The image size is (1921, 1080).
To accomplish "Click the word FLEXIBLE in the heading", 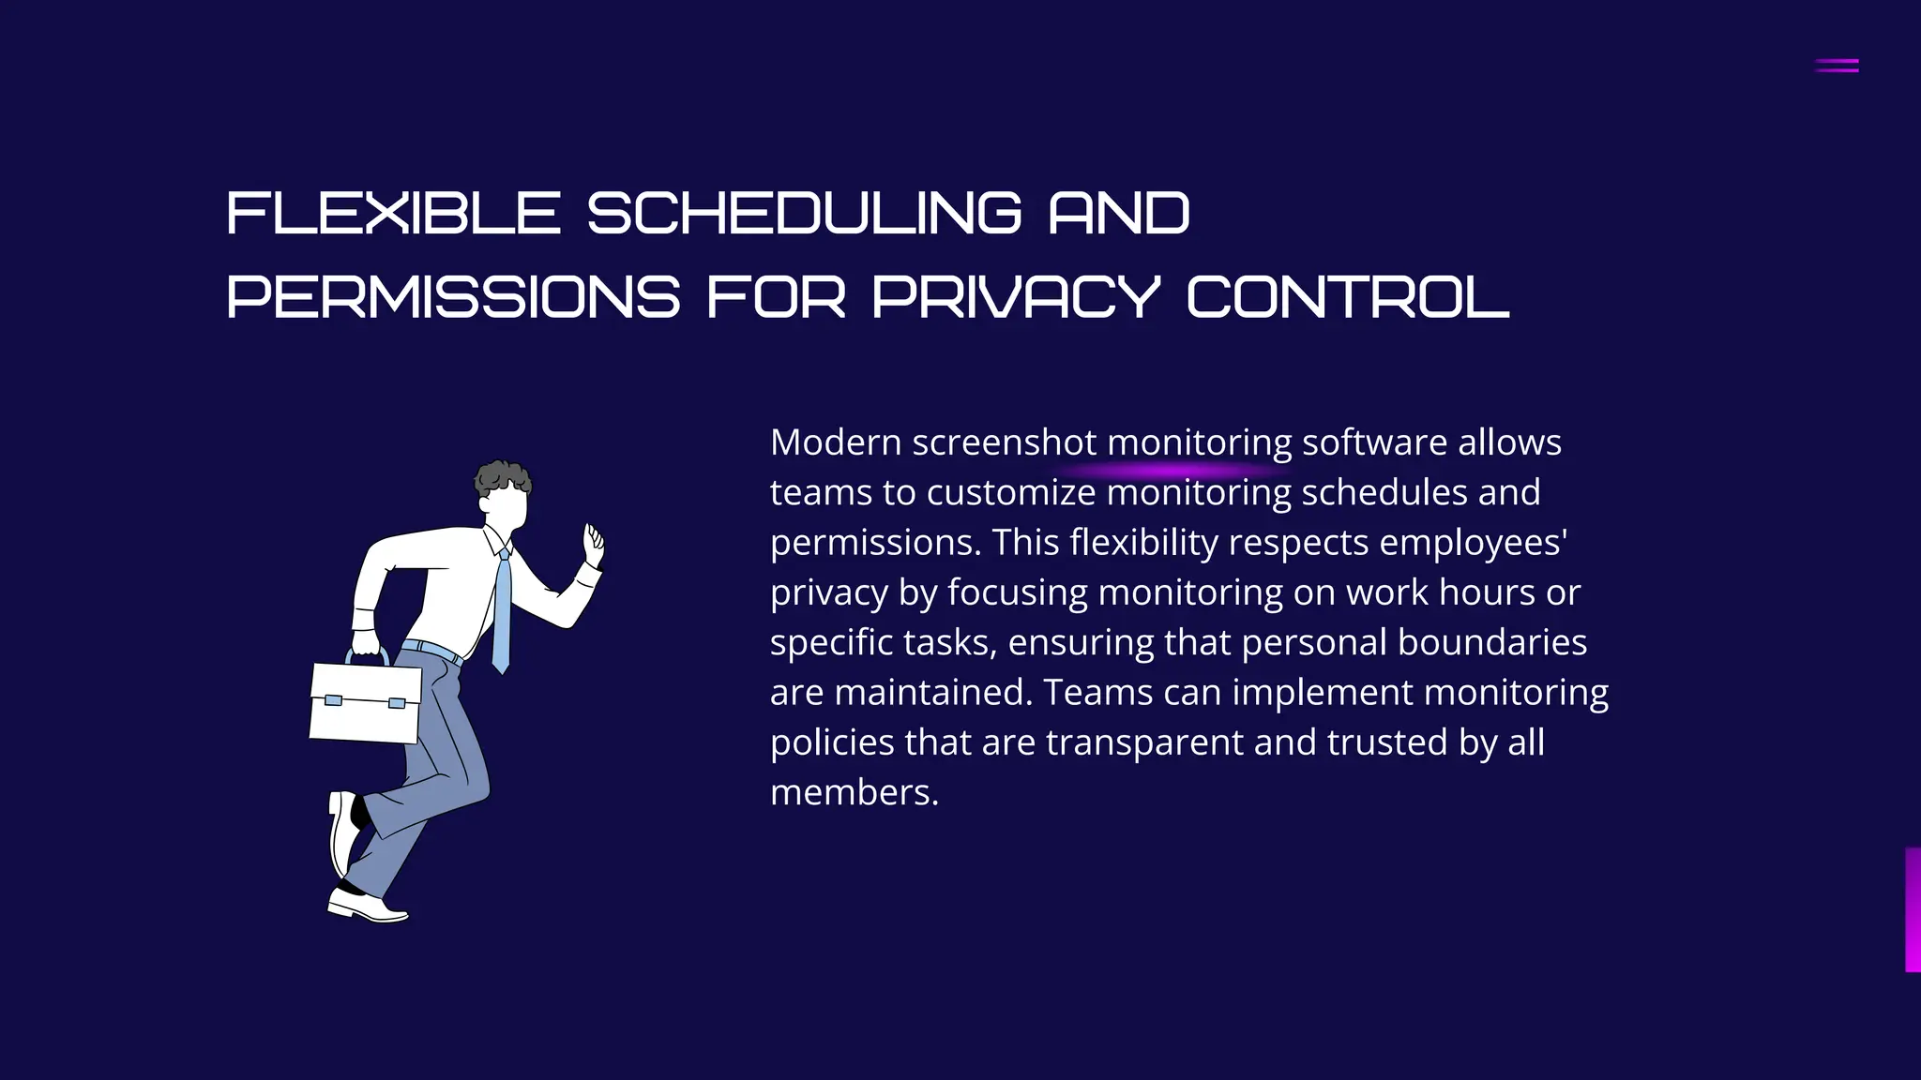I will click(393, 213).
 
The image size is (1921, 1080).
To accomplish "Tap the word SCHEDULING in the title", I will click(804, 213).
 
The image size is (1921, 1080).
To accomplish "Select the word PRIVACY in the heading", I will click(1016, 297).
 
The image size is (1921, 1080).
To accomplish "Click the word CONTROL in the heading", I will click(1348, 297).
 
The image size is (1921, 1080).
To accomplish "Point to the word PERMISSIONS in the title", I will click(453, 297).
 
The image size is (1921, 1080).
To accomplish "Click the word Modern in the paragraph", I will click(836, 442).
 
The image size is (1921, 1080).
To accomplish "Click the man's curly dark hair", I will click(502, 478).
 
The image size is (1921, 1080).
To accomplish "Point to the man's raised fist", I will click(594, 544).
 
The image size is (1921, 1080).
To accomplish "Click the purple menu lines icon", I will click(1837, 66).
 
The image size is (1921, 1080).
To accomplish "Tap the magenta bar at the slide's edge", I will click(1913, 909).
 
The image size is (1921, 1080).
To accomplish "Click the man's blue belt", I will click(431, 649).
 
